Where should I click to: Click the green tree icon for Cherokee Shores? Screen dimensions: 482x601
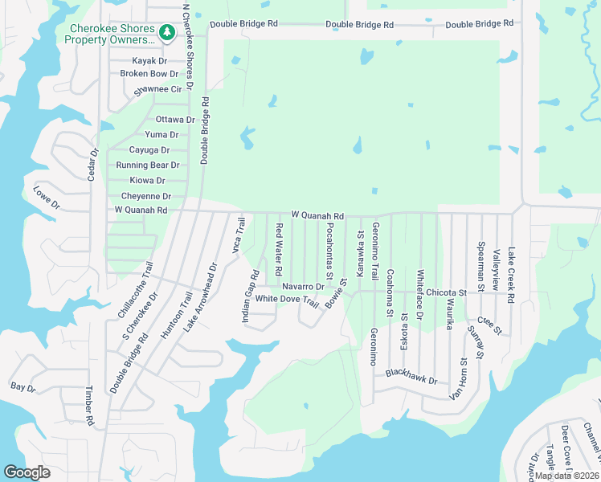tap(167, 33)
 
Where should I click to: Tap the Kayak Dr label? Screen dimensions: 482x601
tap(151, 60)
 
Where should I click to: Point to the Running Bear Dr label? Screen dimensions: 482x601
tap(147, 165)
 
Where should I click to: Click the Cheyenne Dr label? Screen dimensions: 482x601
tap(146, 196)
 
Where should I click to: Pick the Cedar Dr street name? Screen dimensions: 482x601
tap(94, 164)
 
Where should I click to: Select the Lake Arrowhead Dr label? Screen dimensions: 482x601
tap(200, 297)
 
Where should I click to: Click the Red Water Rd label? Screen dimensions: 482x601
tap(279, 245)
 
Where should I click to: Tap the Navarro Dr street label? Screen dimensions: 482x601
tap(302, 287)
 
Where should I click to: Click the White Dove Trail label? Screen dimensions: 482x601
tap(287, 299)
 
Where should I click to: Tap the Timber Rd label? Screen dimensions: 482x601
tap(89, 405)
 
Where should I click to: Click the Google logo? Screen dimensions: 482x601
tap(27, 472)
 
